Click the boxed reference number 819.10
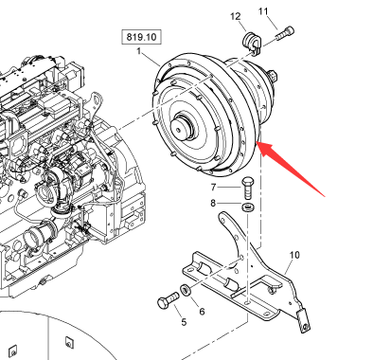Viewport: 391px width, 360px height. pyautogui.click(x=141, y=37)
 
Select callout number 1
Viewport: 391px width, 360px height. pyautogui.click(x=139, y=51)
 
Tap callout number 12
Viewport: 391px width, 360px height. pyautogui.click(x=236, y=16)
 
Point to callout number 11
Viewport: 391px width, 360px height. pyautogui.click(x=263, y=11)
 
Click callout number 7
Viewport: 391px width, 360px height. pyautogui.click(x=213, y=188)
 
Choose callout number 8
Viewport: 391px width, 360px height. pyautogui.click(x=213, y=203)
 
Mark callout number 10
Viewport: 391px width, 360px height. pyautogui.click(x=294, y=255)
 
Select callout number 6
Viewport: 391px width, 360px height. pyautogui.click(x=202, y=312)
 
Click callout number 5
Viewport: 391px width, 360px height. pyautogui.click(x=184, y=322)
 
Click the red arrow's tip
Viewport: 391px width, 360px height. pyautogui.click(x=257, y=142)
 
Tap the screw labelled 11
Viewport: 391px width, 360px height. pyautogui.click(x=285, y=33)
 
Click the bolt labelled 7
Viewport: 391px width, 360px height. pyautogui.click(x=248, y=188)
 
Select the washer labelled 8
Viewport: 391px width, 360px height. pyautogui.click(x=249, y=207)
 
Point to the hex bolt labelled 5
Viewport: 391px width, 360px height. pyautogui.click(x=169, y=300)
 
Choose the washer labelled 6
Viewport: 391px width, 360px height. pyautogui.click(x=185, y=290)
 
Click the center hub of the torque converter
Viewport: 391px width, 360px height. pyautogui.click(x=181, y=127)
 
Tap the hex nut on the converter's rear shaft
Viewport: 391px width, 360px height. pyautogui.click(x=272, y=77)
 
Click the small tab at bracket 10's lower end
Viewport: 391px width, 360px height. pyautogui.click(x=304, y=321)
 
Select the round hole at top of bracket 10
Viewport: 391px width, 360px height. pyautogui.click(x=222, y=218)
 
